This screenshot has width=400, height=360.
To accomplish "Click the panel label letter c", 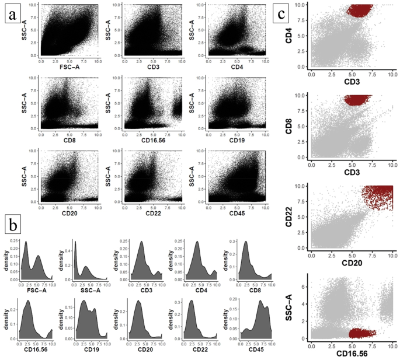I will point(298,13).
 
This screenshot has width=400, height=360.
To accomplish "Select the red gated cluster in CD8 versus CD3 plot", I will point(362,100).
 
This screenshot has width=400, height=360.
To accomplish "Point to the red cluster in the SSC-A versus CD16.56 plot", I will point(362,333).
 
